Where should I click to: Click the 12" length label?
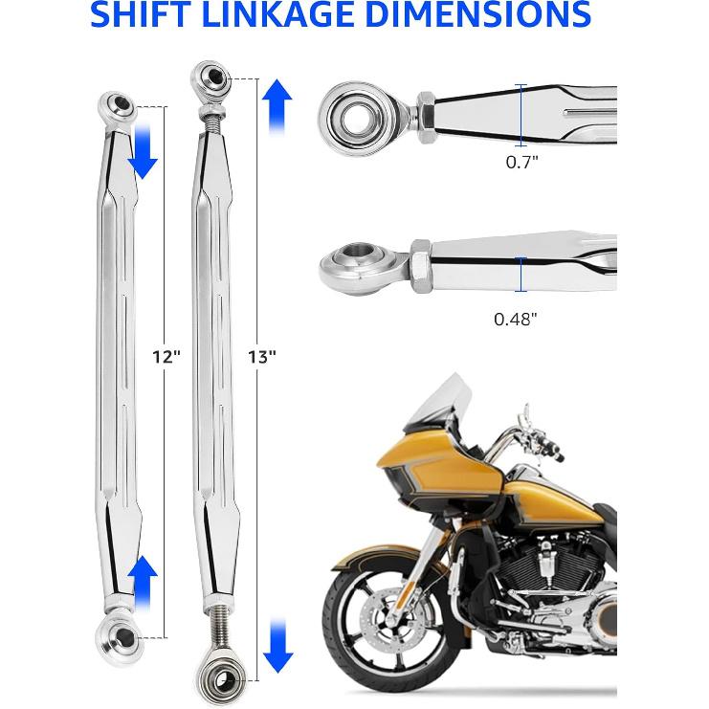[x=166, y=356]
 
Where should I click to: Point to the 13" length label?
[x=260, y=356]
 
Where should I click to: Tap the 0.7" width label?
[x=521, y=162]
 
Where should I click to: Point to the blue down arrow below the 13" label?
[x=277, y=642]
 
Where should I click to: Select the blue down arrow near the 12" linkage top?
[x=143, y=153]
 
